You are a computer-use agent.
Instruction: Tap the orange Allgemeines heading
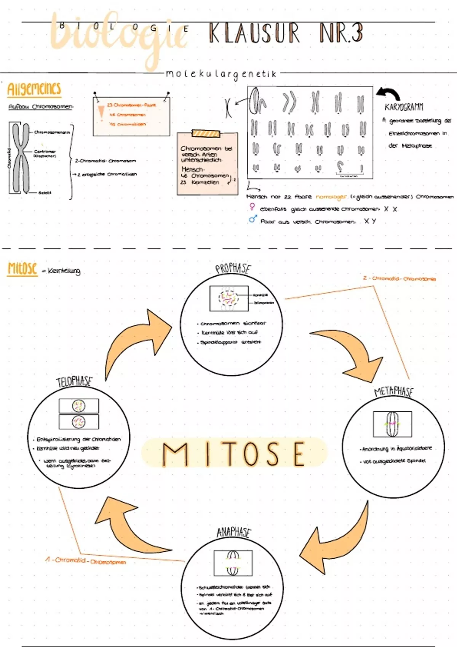pos(34,89)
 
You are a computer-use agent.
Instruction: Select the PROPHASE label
pos(233,268)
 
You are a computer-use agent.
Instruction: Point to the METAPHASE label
pos(393,391)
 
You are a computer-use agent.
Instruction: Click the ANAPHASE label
pos(234,532)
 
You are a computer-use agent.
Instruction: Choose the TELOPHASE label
pos(74,381)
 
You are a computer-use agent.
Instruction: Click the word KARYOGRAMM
pos(404,107)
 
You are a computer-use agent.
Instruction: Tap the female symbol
pos(252,207)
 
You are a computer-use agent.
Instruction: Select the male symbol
pos(252,219)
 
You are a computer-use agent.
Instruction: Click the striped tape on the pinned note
pos(206,133)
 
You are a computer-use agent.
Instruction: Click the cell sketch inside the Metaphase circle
pos(392,424)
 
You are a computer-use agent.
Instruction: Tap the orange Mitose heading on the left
pos(22,269)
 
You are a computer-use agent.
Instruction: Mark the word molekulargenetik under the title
pos(221,74)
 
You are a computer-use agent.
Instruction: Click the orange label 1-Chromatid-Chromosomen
pos(86,561)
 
